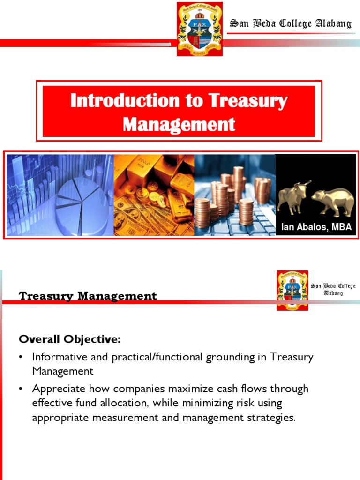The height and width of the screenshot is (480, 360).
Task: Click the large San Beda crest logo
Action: tap(199, 29)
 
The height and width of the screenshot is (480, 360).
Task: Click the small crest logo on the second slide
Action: tap(292, 290)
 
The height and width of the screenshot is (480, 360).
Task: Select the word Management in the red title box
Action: tap(179, 124)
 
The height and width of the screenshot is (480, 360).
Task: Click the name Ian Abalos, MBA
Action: tap(316, 227)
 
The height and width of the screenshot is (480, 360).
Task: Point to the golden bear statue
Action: tap(333, 201)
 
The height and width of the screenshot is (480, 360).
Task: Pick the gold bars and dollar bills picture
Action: tap(153, 195)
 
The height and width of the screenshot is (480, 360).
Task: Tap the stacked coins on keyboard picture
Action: tap(234, 195)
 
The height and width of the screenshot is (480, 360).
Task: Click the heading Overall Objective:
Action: tap(69, 338)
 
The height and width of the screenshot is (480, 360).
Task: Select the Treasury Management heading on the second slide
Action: tap(88, 296)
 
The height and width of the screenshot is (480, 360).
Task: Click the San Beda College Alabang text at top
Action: tap(290, 23)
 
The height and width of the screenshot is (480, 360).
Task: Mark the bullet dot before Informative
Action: tap(21, 357)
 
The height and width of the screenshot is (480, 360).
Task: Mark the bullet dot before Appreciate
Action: tap(21, 389)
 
